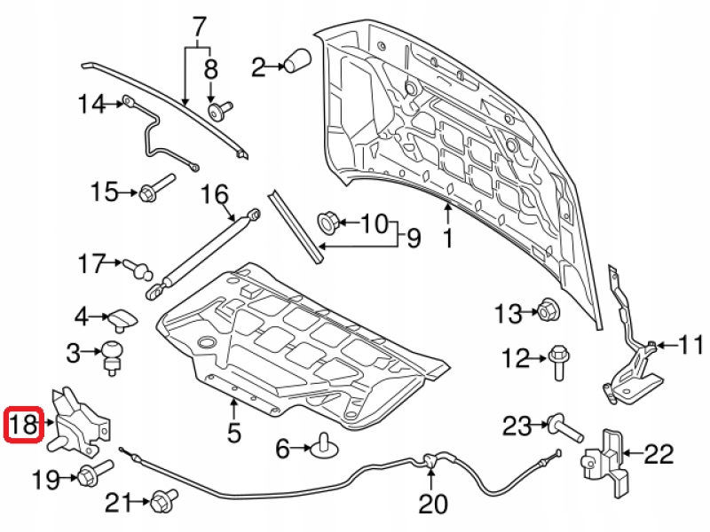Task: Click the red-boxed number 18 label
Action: (x=24, y=426)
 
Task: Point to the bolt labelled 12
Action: (x=558, y=362)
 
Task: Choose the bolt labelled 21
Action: (x=162, y=501)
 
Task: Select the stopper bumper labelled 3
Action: (x=113, y=353)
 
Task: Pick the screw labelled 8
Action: (x=216, y=111)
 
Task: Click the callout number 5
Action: (x=233, y=434)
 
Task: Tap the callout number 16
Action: (x=214, y=195)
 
